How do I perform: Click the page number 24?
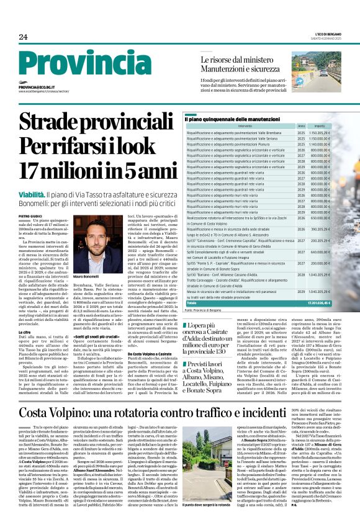pos(23,37)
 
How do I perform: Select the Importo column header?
pos(320,125)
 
